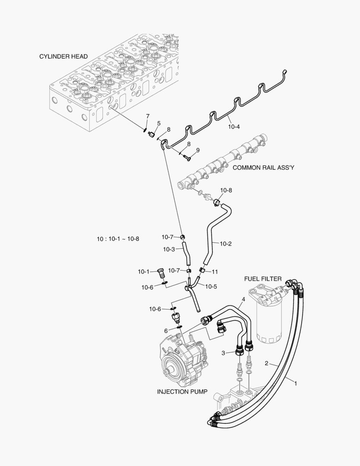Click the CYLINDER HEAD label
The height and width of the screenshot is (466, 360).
[63, 57]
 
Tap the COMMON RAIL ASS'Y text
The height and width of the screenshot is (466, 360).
[263, 168]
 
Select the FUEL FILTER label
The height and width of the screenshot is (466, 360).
[263, 279]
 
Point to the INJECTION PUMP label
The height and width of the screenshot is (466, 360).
[182, 392]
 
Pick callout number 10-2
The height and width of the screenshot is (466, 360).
[225, 244]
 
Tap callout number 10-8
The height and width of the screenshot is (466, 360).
[226, 190]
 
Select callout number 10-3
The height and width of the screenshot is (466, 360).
[169, 249]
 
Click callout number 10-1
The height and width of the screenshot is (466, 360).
[144, 271]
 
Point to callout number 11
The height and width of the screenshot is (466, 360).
[215, 271]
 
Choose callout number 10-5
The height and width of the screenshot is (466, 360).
[211, 286]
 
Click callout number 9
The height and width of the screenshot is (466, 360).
[198, 150]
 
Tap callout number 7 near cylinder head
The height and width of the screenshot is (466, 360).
[147, 116]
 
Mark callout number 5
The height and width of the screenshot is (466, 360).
[159, 123]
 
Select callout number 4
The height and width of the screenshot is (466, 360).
[243, 299]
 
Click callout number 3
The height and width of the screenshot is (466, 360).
[223, 353]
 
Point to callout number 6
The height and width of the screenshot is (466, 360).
[166, 331]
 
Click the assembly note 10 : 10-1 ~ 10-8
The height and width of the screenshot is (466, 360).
[118, 239]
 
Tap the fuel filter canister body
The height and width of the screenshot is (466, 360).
[269, 319]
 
